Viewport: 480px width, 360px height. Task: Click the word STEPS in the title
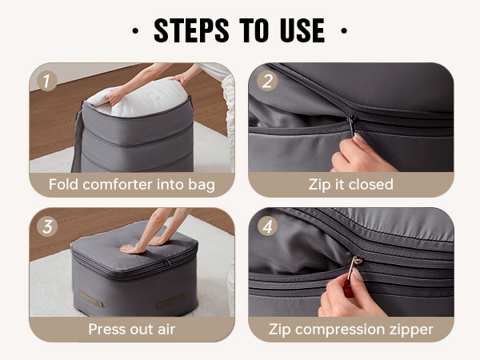[x=191, y=30]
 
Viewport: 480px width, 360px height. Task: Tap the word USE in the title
[x=302, y=30]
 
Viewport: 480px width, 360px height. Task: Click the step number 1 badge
[x=47, y=81]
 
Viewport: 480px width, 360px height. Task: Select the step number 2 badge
[x=267, y=81]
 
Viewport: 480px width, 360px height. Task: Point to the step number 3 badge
[x=47, y=226]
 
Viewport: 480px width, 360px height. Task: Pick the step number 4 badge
[x=267, y=226]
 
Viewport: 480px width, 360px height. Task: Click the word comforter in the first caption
[x=118, y=185]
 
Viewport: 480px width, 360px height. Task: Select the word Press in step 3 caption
[x=107, y=330]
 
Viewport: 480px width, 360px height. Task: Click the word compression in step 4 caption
[x=340, y=330]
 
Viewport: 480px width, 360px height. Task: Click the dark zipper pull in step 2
[x=352, y=125]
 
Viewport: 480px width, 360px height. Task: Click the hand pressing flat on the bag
[x=133, y=249]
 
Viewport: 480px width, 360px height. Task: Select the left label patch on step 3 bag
[x=90, y=298]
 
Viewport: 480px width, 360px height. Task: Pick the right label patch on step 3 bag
[x=171, y=301]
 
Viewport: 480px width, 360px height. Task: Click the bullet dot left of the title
[x=135, y=30]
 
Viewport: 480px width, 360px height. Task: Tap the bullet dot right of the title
[x=344, y=30]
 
